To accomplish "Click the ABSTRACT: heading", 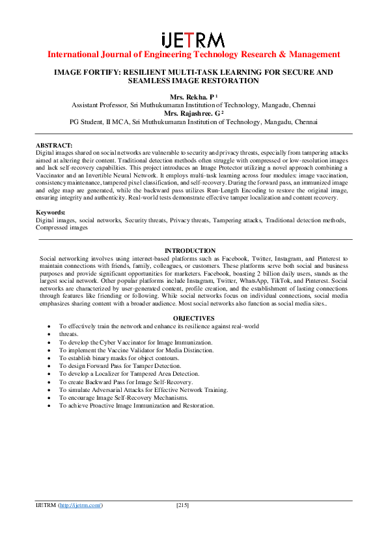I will [54, 146].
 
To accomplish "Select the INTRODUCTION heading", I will [190, 251].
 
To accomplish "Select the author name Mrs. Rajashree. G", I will [191, 113].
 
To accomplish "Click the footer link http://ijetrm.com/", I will [81, 505].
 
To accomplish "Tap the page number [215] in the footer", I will [182, 505].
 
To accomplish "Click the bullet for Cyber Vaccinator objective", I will [51, 342].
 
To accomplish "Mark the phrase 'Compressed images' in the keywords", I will [62, 228].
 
